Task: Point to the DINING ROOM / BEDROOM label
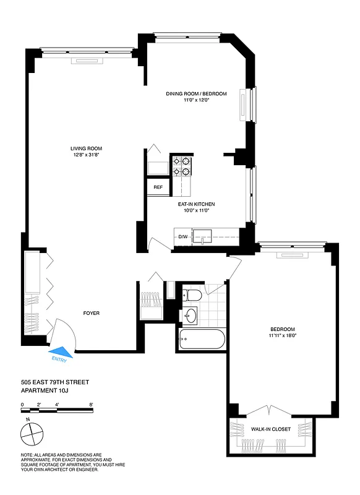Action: pos(196,94)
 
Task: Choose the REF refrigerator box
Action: pos(158,187)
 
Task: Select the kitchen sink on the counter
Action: pos(202,236)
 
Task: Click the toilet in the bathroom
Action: pos(191,295)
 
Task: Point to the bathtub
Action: pos(202,340)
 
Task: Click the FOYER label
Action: pos(92,313)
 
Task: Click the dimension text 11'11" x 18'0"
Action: pos(282,336)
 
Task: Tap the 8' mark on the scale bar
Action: pos(91,405)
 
